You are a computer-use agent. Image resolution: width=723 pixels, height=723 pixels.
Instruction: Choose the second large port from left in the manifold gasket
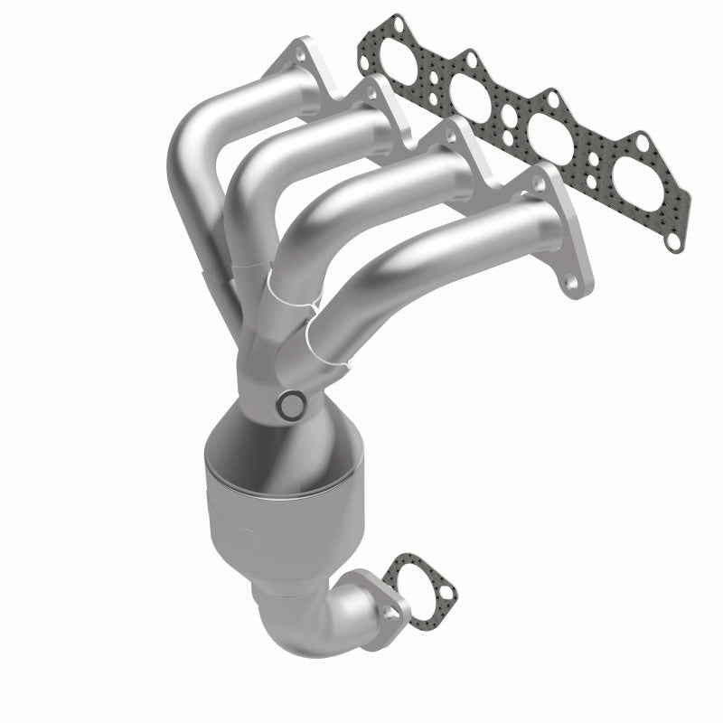[471, 94]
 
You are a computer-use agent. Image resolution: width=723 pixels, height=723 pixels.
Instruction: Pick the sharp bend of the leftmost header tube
[194, 145]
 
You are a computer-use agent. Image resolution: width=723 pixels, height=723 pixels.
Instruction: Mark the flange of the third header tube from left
[456, 149]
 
